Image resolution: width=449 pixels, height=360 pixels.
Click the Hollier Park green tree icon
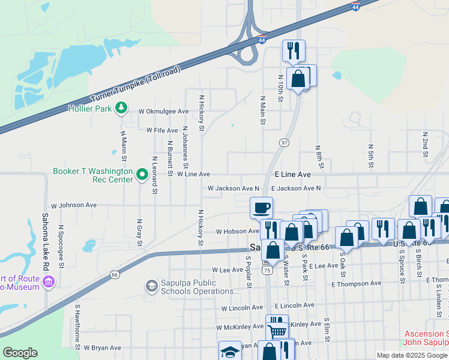click(122, 108)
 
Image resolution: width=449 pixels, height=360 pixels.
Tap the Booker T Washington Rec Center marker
click(142, 175)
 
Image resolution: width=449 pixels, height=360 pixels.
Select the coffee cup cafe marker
click(261, 208)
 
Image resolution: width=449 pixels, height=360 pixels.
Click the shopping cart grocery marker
click(277, 330)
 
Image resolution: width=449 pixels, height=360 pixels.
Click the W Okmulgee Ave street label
click(163, 112)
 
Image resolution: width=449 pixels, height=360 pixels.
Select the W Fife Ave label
click(162, 130)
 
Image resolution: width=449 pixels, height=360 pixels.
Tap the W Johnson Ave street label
click(74, 205)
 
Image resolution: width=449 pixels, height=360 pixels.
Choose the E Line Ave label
click(293, 174)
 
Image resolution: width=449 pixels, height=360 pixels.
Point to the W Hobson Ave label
click(237, 231)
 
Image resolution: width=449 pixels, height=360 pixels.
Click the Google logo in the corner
click(20, 353)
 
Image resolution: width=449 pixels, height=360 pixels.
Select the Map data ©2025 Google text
click(411, 355)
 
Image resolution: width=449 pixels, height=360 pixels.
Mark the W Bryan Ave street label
click(102, 347)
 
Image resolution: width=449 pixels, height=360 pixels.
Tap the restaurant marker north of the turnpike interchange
click(293, 50)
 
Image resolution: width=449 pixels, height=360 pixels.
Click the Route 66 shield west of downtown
click(115, 274)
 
